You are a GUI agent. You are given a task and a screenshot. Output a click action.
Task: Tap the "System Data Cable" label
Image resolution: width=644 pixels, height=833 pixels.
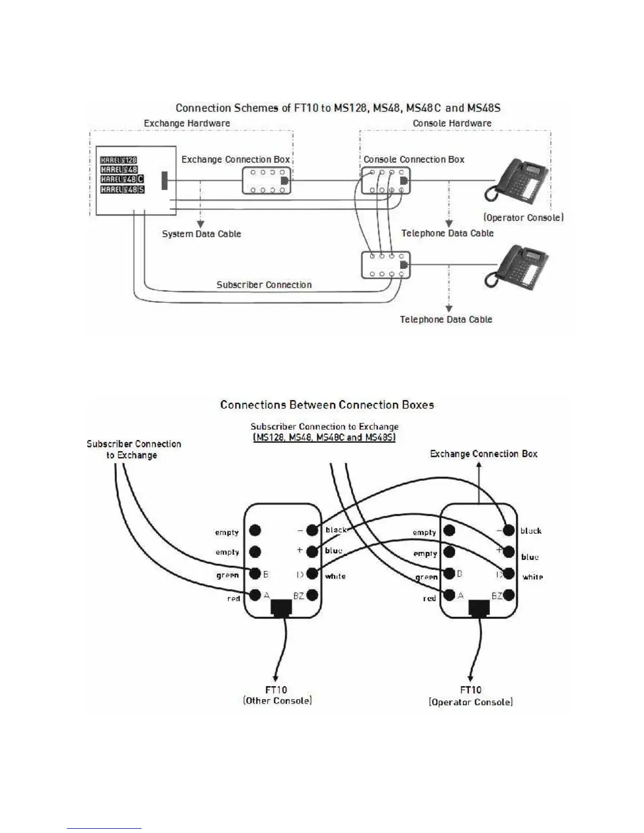[x=202, y=234]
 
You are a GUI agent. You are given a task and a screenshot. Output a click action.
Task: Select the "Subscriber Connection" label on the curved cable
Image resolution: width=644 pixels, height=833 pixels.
[x=264, y=285]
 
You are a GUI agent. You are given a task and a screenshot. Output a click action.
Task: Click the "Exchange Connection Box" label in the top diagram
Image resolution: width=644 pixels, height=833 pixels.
[x=236, y=159]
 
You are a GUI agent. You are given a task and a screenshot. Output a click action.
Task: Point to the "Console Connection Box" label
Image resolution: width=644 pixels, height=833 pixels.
[x=414, y=159]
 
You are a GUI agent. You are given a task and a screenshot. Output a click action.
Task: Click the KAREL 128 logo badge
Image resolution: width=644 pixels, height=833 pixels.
[x=119, y=160]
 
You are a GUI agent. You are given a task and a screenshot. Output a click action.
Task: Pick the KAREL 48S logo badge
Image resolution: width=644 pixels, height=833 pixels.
[x=122, y=189]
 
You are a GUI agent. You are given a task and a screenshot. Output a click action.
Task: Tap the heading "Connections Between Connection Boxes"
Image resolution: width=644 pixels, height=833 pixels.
[x=327, y=405]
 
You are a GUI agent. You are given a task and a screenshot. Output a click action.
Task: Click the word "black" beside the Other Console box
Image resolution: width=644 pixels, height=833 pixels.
[x=336, y=530]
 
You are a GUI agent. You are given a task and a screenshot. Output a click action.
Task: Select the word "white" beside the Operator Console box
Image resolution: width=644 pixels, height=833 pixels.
[x=532, y=577]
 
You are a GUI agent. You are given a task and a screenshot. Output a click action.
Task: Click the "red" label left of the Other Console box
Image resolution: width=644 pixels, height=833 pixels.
[x=234, y=598]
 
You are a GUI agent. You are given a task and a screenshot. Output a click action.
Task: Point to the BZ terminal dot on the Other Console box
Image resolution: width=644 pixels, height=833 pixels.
[x=312, y=595]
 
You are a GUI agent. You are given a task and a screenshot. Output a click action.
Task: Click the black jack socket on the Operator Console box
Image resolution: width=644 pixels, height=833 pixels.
[x=479, y=607]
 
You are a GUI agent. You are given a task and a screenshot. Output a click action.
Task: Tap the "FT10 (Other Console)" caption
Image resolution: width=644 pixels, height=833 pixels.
[x=277, y=695]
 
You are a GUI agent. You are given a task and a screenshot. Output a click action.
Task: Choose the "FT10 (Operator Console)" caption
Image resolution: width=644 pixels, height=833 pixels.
[x=470, y=696]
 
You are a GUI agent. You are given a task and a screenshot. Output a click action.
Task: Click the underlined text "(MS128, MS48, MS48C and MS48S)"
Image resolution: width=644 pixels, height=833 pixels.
[x=324, y=437]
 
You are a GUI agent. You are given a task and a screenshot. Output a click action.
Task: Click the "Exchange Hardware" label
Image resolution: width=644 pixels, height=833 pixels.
[x=187, y=124]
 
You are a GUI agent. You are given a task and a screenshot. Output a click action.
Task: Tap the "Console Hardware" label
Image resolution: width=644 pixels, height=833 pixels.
[x=452, y=124]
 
